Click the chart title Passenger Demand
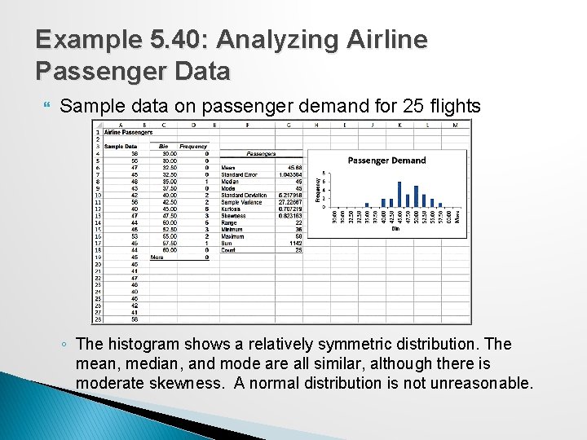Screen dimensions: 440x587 386,161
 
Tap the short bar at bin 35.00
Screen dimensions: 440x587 367,205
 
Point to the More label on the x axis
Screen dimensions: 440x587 457,217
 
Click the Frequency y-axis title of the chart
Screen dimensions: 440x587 318,190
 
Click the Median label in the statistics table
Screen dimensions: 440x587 230,182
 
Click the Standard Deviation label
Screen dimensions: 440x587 244,196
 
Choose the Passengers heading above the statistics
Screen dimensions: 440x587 261,153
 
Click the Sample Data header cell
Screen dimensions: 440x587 120,147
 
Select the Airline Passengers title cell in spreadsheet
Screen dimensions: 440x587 128,132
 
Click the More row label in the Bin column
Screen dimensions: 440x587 157,257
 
